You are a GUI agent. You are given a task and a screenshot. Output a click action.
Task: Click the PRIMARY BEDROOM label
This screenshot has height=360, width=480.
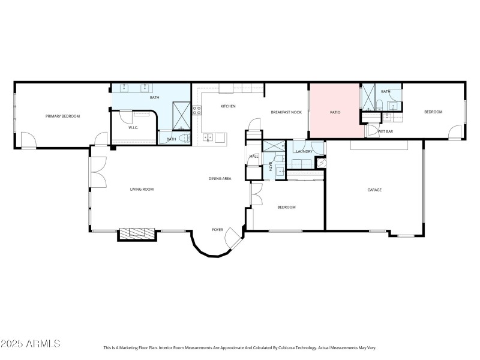[x=62, y=116]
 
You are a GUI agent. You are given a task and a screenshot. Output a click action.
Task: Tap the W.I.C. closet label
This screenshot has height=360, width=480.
[x=134, y=127]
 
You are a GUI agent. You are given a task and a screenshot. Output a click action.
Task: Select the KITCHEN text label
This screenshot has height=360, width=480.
[x=228, y=106]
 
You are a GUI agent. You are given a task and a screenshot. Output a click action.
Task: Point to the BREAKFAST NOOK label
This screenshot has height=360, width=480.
[x=286, y=112]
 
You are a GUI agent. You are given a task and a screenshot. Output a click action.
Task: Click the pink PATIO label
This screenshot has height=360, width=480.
[x=335, y=112]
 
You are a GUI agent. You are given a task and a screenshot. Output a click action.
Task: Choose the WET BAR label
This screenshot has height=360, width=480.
[x=385, y=131]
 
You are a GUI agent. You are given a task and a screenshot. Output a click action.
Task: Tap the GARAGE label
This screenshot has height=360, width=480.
[x=374, y=190]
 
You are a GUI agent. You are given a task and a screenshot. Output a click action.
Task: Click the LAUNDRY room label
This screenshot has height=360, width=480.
[x=304, y=151]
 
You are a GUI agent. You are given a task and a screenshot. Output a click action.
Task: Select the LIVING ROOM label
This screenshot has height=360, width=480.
[x=142, y=189]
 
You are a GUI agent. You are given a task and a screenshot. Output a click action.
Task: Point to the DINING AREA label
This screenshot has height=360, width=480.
[x=220, y=178]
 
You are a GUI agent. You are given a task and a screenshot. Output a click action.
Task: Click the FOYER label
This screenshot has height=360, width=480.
[x=218, y=229]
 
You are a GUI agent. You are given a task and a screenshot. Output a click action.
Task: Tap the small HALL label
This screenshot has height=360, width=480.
[x=254, y=157]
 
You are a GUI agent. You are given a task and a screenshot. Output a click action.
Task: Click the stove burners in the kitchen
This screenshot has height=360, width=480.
[x=197, y=110]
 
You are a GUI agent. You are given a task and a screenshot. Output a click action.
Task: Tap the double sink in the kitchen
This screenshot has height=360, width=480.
[x=208, y=137]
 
